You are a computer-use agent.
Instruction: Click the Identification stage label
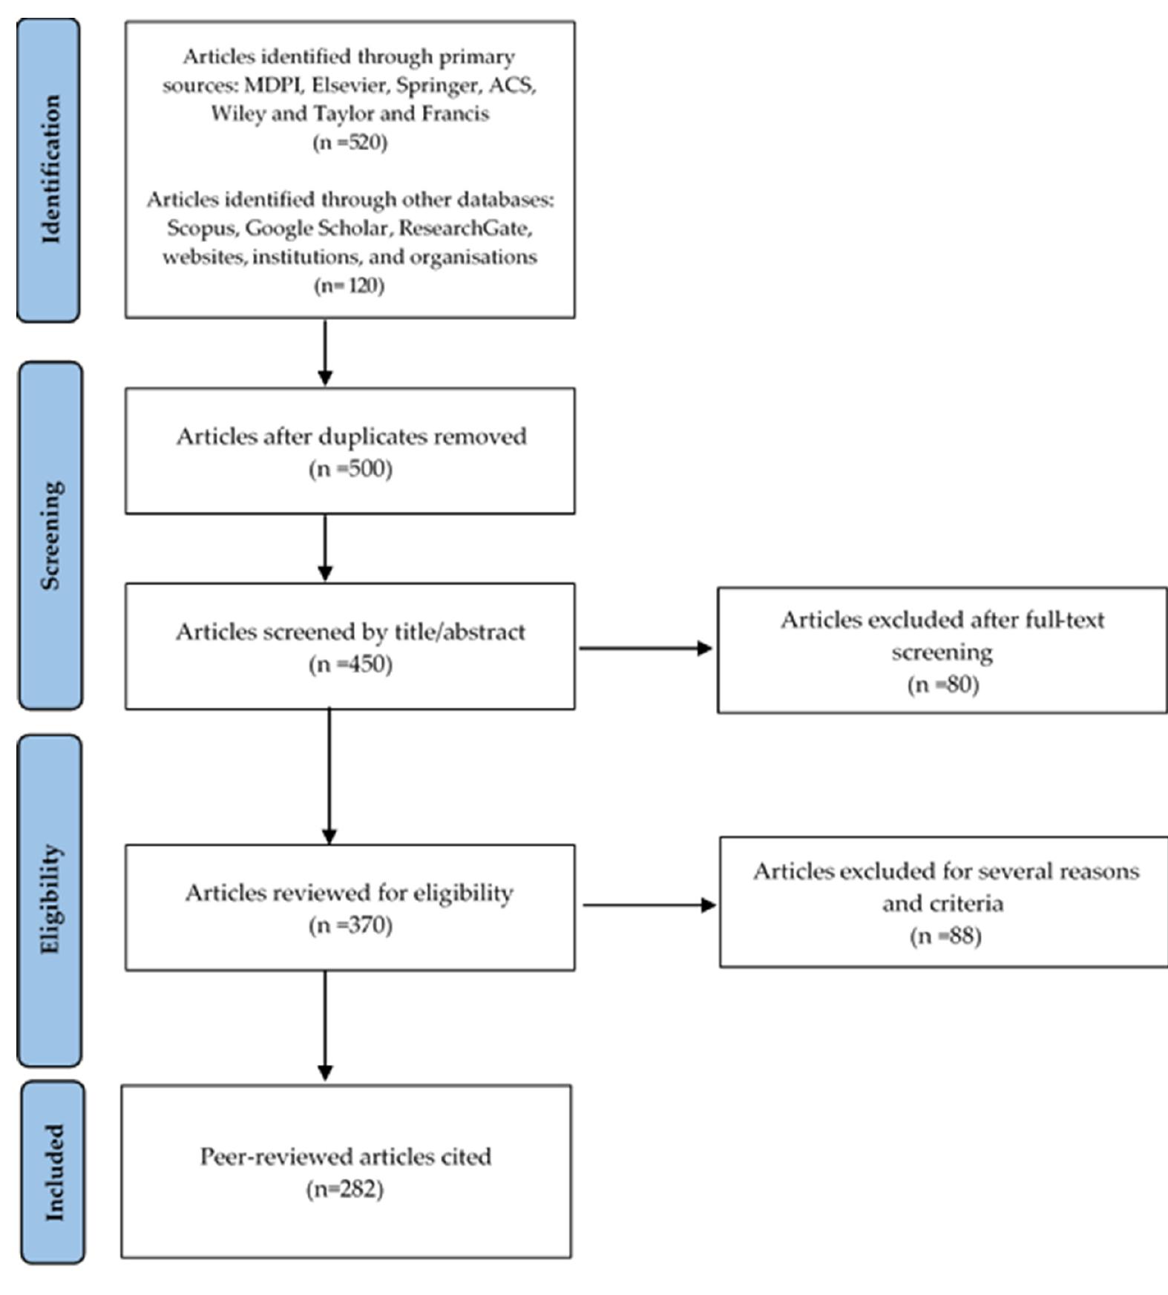(x=49, y=170)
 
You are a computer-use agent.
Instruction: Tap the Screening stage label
(x=50, y=535)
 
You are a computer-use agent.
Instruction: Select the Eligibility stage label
(x=50, y=899)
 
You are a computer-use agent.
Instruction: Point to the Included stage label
(x=53, y=1172)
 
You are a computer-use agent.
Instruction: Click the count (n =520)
(x=350, y=142)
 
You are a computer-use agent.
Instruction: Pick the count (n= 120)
(x=350, y=286)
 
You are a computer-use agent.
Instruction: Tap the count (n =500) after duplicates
(x=350, y=469)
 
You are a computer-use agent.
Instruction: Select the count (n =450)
(x=350, y=664)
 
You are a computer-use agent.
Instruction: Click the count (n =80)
(x=943, y=684)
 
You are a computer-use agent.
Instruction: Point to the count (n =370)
(x=350, y=925)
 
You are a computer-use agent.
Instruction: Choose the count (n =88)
(x=945, y=936)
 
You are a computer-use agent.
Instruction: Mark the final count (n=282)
(x=345, y=1189)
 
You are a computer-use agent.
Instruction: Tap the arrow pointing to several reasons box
(x=649, y=905)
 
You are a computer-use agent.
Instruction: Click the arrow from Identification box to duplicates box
(x=325, y=353)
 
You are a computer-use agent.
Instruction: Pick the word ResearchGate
(x=465, y=228)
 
